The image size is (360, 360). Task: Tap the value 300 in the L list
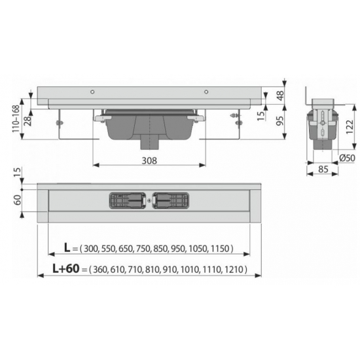(x=90, y=249)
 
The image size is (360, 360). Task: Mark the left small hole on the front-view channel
(x=93, y=91)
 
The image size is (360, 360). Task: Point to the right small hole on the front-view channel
(x=207, y=91)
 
